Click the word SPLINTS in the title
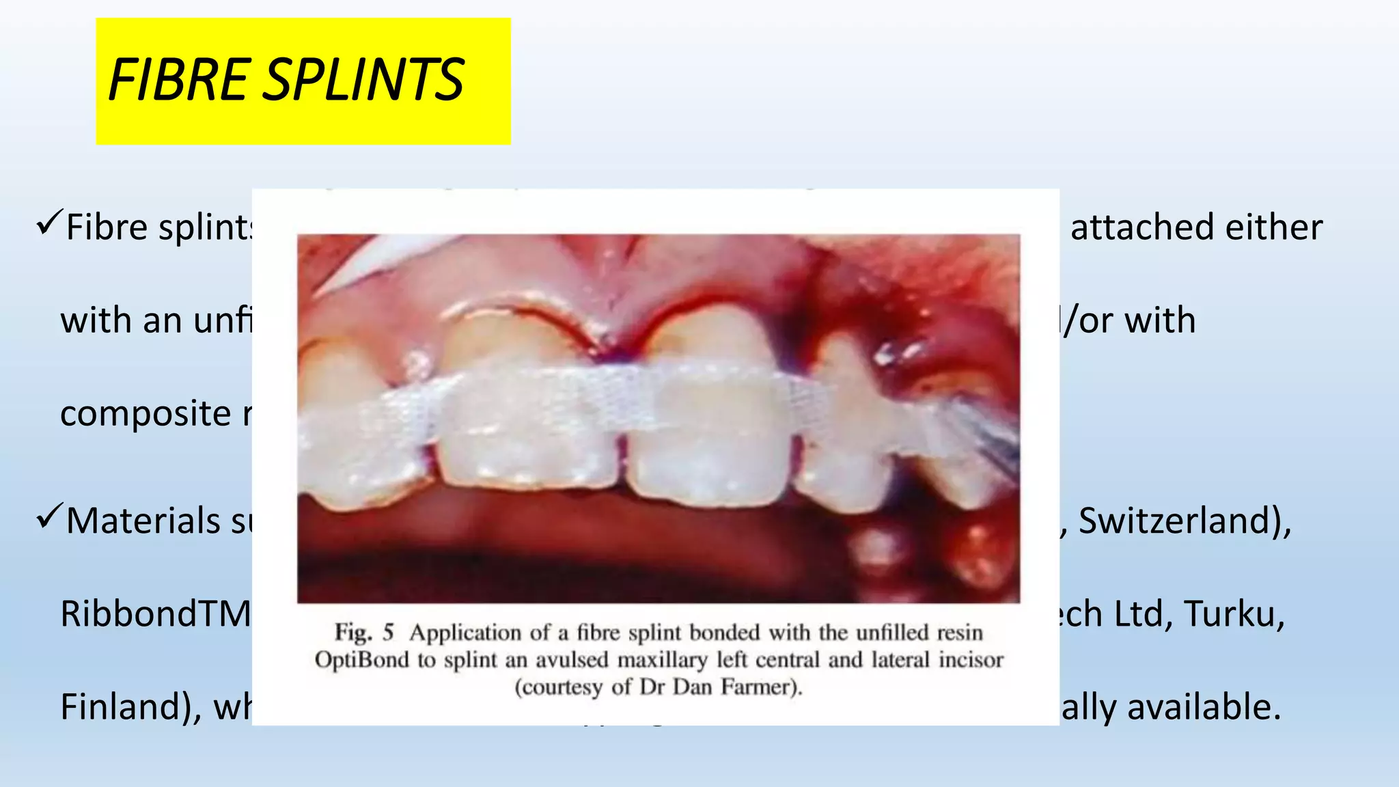[x=363, y=80]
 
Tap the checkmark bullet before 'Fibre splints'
[x=50, y=223]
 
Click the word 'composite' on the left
[x=146, y=413]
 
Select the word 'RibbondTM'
[x=156, y=613]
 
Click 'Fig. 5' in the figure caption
[x=364, y=633]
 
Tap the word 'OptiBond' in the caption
[x=361, y=660]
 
